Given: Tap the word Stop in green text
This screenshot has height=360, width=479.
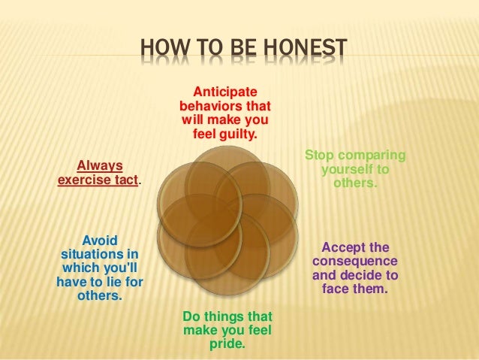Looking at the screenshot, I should [318, 156].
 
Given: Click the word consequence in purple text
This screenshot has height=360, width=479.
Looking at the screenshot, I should [355, 261].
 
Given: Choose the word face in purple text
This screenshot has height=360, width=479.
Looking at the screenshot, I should [336, 289].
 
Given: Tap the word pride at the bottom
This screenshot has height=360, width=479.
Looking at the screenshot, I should [227, 345].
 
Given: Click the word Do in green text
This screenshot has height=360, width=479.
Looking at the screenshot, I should [192, 316].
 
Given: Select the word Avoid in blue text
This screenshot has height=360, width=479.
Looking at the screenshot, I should [99, 239].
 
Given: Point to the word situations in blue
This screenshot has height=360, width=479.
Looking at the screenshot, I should [91, 253].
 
